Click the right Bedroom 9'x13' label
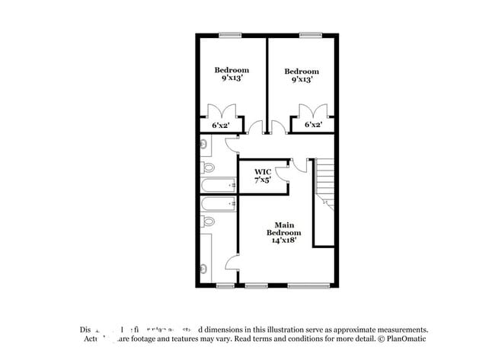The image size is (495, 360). click(x=301, y=76)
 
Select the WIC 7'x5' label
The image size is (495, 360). click(x=263, y=177)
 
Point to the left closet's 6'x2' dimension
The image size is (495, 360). click(x=220, y=125)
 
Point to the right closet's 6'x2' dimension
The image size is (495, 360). click(x=313, y=125)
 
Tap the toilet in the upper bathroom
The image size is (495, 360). click(x=206, y=167)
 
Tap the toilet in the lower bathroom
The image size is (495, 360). click(x=206, y=221)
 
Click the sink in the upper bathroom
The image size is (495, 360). click(x=203, y=142)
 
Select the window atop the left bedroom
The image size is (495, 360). click(x=230, y=34)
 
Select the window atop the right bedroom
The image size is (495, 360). click(x=309, y=34)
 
